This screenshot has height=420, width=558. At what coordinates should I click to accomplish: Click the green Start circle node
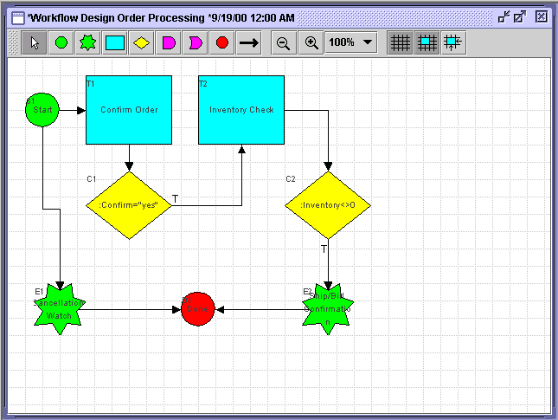(x=42, y=110)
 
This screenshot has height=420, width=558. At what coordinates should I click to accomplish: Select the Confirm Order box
(x=129, y=109)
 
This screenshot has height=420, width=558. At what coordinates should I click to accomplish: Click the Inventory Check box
(x=241, y=109)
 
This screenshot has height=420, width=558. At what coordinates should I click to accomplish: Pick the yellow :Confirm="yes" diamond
(x=129, y=205)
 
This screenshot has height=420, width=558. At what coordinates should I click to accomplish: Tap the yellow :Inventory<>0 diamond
(x=328, y=205)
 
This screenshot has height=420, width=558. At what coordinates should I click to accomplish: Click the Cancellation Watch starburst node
(x=59, y=308)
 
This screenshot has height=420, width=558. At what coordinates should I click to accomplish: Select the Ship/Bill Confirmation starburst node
(x=328, y=308)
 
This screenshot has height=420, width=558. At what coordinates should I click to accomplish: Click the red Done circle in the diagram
(x=197, y=309)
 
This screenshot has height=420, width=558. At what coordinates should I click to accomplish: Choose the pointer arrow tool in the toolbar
(x=35, y=42)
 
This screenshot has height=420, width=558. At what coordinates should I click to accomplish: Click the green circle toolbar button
(x=61, y=42)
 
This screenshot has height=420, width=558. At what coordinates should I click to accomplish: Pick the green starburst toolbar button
(x=87, y=42)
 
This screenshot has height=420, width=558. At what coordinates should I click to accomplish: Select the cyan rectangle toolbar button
(x=114, y=42)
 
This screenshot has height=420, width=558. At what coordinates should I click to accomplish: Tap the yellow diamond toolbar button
(x=142, y=42)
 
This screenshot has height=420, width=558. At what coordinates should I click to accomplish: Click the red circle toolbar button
(x=222, y=42)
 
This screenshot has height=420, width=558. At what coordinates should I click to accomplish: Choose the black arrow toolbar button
(x=249, y=42)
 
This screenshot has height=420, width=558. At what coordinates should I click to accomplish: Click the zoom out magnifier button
(x=283, y=42)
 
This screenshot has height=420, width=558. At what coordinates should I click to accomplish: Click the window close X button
(x=541, y=16)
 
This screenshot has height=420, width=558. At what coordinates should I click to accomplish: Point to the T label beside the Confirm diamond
(x=175, y=199)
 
